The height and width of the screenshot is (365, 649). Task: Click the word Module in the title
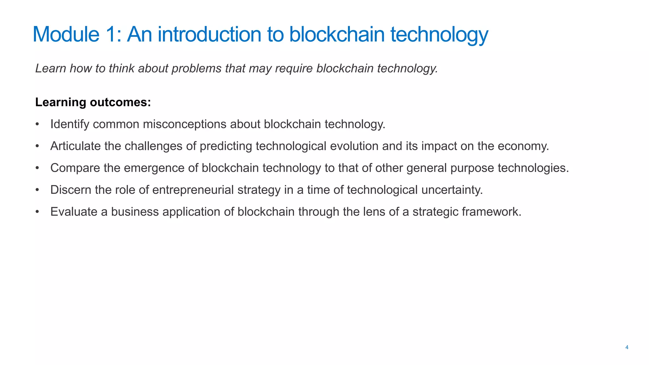[x=66, y=34]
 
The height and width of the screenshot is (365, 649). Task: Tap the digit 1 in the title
[x=111, y=34]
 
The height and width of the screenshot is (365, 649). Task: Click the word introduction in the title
[x=209, y=34]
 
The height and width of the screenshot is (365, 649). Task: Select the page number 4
[x=627, y=348]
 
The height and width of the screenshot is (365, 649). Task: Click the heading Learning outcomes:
[x=93, y=102]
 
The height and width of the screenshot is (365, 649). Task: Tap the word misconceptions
[x=184, y=124]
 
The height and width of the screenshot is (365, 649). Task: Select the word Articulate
[x=75, y=146]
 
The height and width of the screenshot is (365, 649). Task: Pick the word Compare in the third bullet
[x=75, y=168]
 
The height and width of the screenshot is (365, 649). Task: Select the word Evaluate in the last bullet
[x=74, y=212]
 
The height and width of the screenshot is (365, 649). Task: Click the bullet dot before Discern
[x=37, y=190]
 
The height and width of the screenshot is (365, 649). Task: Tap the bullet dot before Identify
[x=37, y=124]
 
